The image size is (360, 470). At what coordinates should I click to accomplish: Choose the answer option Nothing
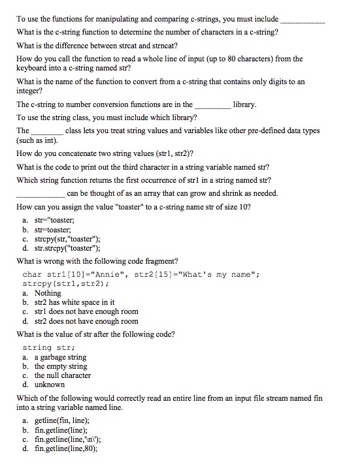tap(47, 293)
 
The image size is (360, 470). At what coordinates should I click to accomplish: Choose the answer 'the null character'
tap(63, 375)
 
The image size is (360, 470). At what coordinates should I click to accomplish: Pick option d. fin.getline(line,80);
tap(67, 448)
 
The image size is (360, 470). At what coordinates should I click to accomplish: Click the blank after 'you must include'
tap(303, 20)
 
